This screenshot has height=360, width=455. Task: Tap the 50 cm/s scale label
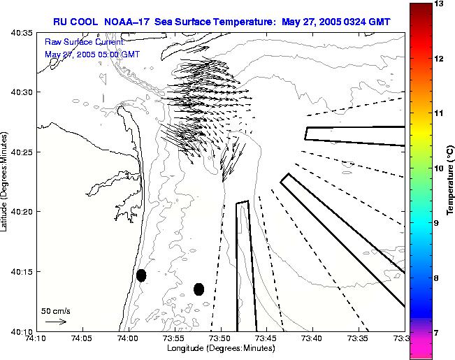click(56, 310)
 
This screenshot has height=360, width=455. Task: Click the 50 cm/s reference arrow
click(56, 322)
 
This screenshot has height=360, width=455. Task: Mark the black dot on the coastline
click(141, 275)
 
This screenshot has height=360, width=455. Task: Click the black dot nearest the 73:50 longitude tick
click(198, 289)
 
